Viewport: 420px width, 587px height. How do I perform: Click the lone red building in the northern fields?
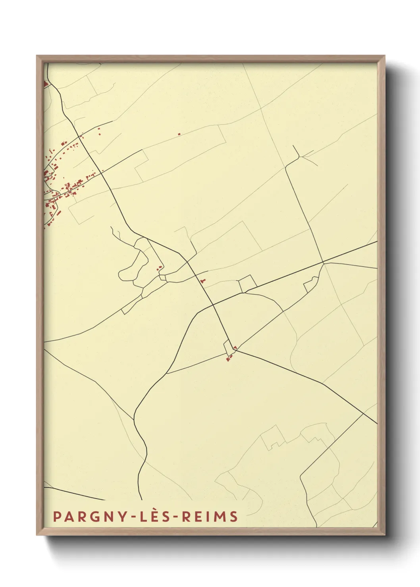pos(179,134)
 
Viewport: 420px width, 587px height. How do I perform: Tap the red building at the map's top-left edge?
pos(45,84)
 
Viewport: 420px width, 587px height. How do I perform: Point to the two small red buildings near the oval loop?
pos(160,268)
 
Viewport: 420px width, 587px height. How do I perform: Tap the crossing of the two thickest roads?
pos(213,305)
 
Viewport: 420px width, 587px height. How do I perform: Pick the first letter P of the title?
pos(56,516)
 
